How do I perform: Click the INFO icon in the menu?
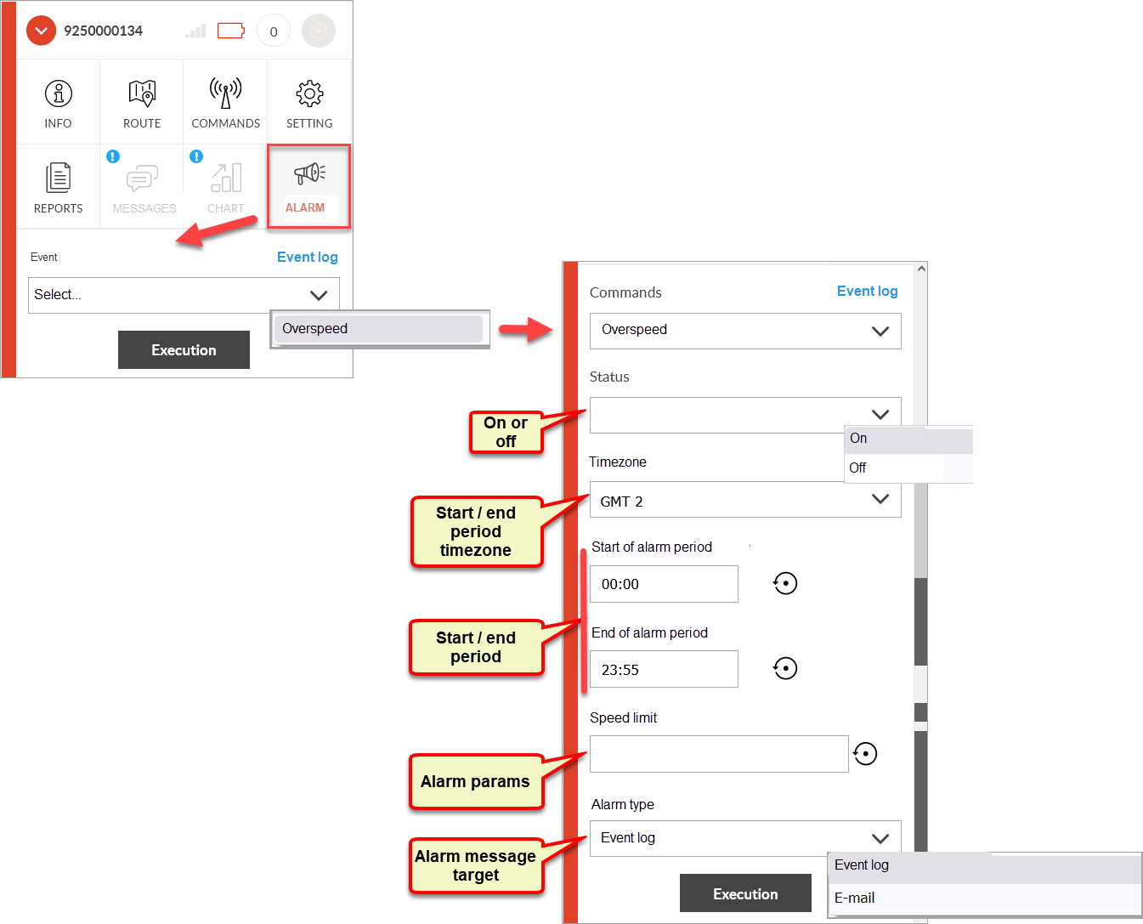point(58,94)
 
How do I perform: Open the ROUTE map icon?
point(142,93)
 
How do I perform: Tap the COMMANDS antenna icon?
point(225,93)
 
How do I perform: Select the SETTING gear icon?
point(309,94)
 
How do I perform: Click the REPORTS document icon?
point(58,177)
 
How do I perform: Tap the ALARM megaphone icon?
point(309,173)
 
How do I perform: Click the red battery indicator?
point(231,31)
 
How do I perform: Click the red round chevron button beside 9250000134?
point(41,31)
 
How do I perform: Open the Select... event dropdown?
point(184,295)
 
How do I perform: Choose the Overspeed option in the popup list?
point(378,328)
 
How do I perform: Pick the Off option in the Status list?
point(893,468)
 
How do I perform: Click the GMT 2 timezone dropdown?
point(744,500)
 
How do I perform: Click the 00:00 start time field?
point(664,584)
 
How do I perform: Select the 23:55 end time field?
point(664,669)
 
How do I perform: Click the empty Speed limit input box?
point(719,754)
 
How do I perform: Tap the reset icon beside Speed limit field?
point(865,754)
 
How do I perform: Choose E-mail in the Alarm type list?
point(984,898)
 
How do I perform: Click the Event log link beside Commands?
point(867,292)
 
